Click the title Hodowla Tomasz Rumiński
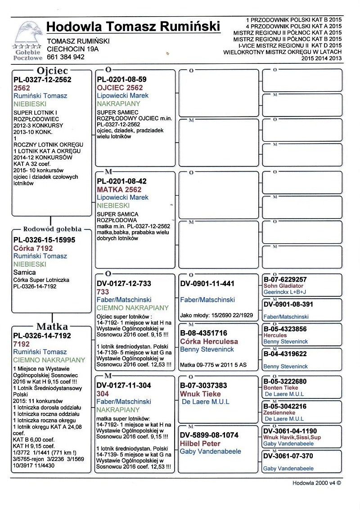133,27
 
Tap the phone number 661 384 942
66,57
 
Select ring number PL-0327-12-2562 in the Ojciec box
42,80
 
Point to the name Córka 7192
33,248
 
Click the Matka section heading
52,327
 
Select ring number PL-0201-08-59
122,80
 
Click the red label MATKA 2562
119,189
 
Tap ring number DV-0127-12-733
124,284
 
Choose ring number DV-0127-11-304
124,385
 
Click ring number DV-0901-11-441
207,284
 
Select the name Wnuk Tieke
200,394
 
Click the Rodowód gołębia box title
52,228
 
